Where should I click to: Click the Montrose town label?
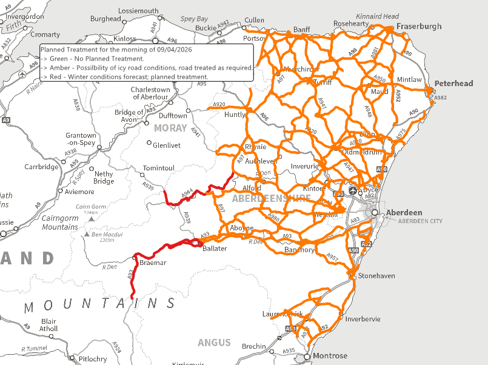click(330, 356)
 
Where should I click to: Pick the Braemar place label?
click(153, 263)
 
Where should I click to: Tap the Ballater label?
click(215, 249)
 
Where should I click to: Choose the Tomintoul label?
click(158, 168)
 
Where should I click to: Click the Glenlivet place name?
click(166, 146)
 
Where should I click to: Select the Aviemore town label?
click(80, 192)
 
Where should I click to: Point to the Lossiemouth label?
click(138, 11)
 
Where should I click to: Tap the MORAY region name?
click(170, 128)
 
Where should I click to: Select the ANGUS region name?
click(214, 343)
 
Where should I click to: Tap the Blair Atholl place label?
click(48, 326)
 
